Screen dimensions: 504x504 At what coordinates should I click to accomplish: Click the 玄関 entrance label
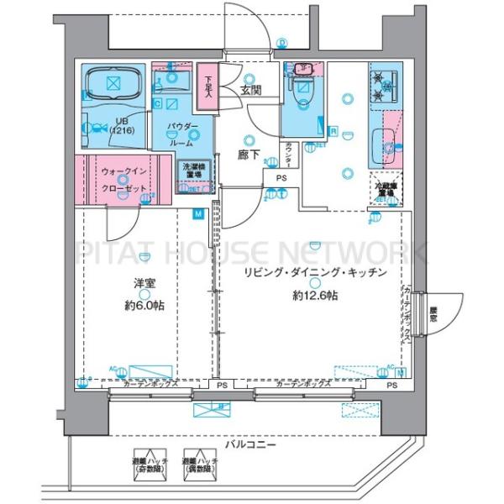(249, 90)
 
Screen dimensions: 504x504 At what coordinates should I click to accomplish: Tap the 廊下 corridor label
(247, 155)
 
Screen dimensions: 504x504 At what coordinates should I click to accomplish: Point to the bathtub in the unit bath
(116, 83)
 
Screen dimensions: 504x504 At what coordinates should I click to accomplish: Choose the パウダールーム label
(182, 134)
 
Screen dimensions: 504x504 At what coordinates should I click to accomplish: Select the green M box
(198, 215)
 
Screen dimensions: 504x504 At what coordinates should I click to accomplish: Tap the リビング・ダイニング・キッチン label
(315, 273)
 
